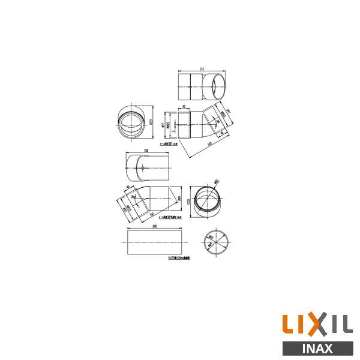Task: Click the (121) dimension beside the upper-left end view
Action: tap(152, 122)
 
